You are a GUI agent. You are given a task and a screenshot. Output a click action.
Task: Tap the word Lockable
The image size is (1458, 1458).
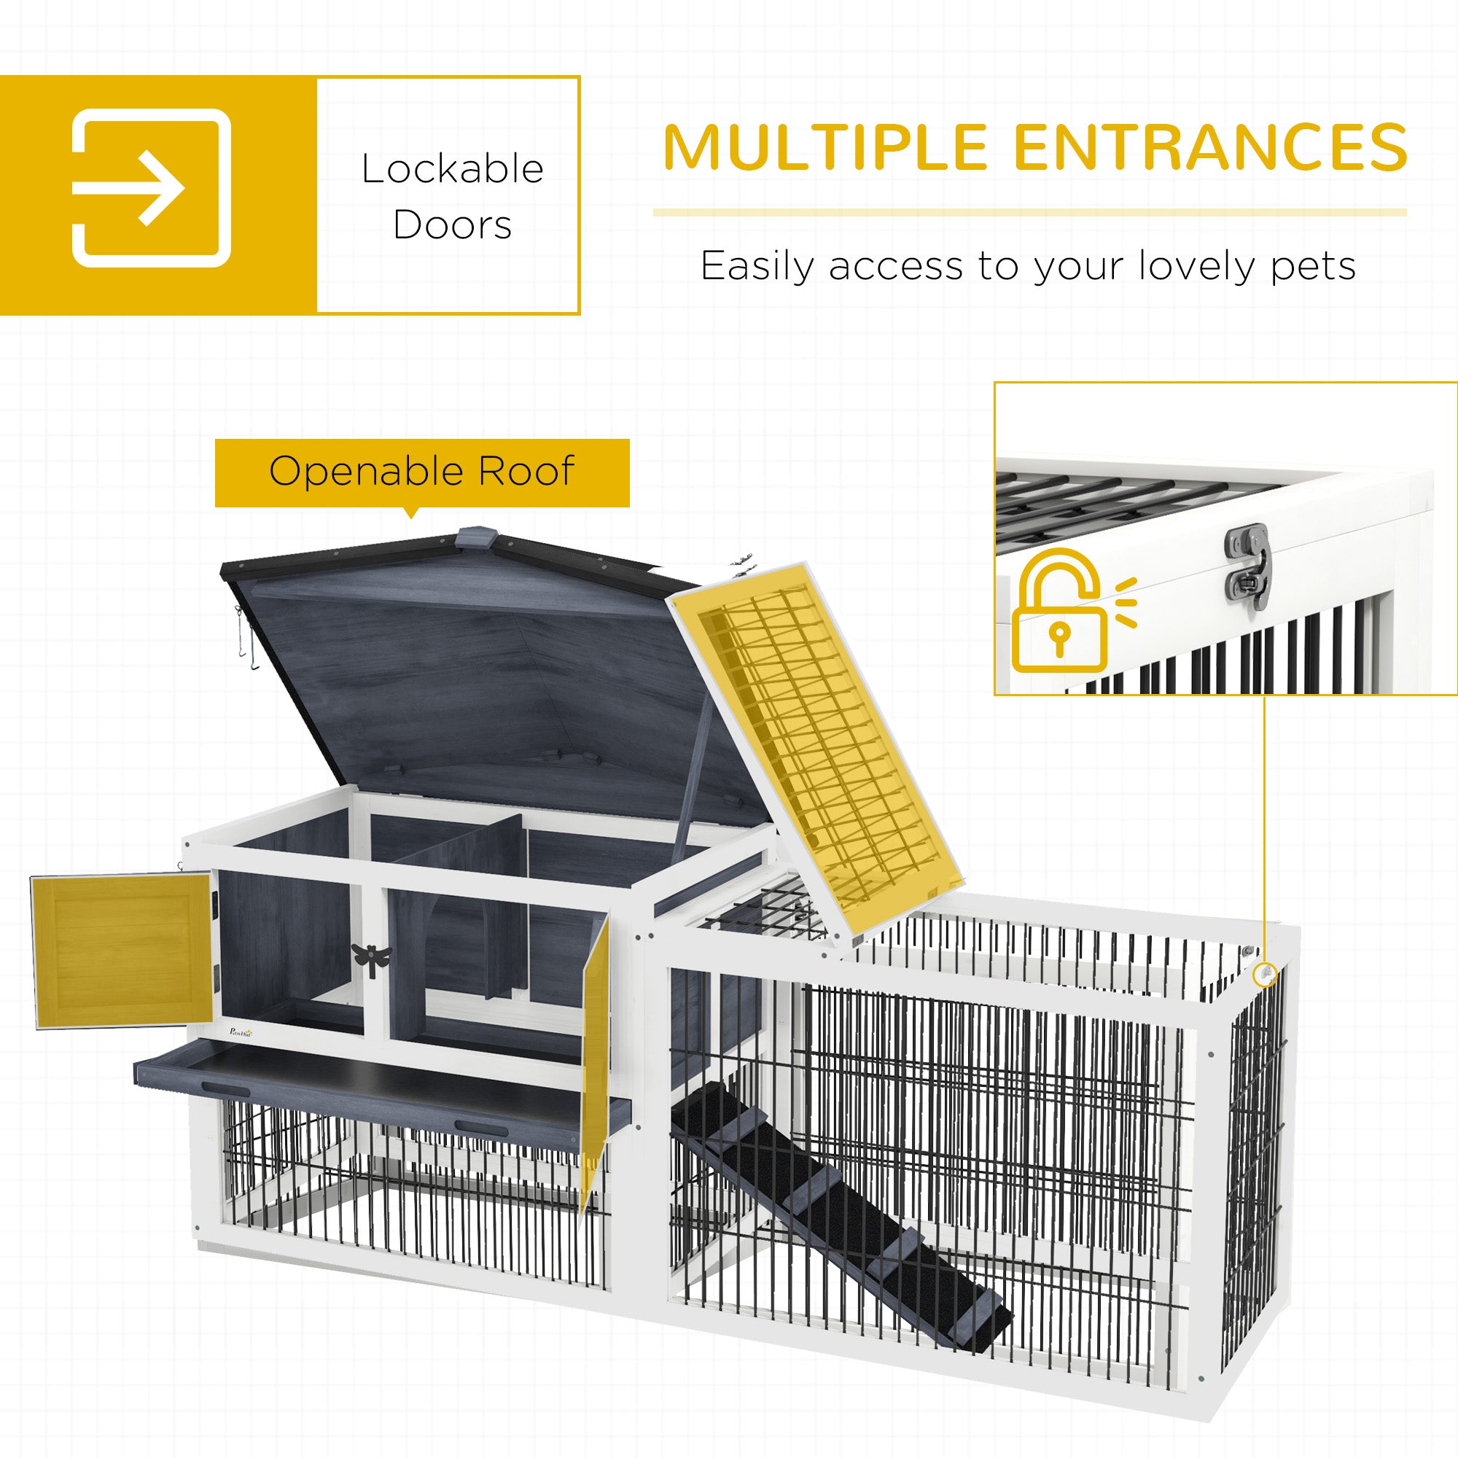point(452,169)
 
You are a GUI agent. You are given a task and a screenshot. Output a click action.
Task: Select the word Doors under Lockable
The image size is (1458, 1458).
point(452,225)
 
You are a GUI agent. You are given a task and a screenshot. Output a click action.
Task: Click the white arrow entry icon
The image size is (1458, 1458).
point(151,188)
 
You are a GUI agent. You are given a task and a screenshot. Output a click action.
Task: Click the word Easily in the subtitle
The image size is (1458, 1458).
point(757,267)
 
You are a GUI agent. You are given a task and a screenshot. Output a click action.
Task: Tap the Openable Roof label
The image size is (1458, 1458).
point(422,472)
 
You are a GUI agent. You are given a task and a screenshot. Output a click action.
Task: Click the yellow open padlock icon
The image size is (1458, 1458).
point(1060,612)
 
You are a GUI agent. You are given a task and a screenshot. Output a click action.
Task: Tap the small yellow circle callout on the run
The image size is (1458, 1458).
point(1265,974)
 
